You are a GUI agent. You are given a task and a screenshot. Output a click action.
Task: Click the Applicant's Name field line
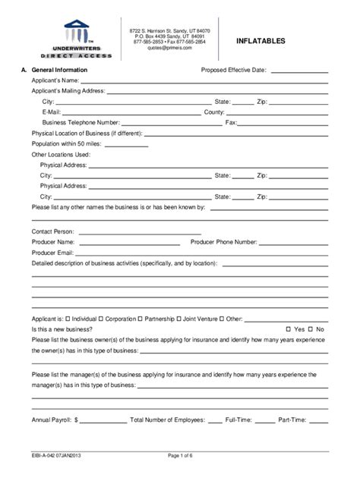tap(204, 81)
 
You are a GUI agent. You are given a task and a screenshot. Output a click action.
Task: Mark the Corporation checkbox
tap(101, 319)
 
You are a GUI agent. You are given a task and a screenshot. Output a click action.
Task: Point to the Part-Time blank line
tap(318, 420)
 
